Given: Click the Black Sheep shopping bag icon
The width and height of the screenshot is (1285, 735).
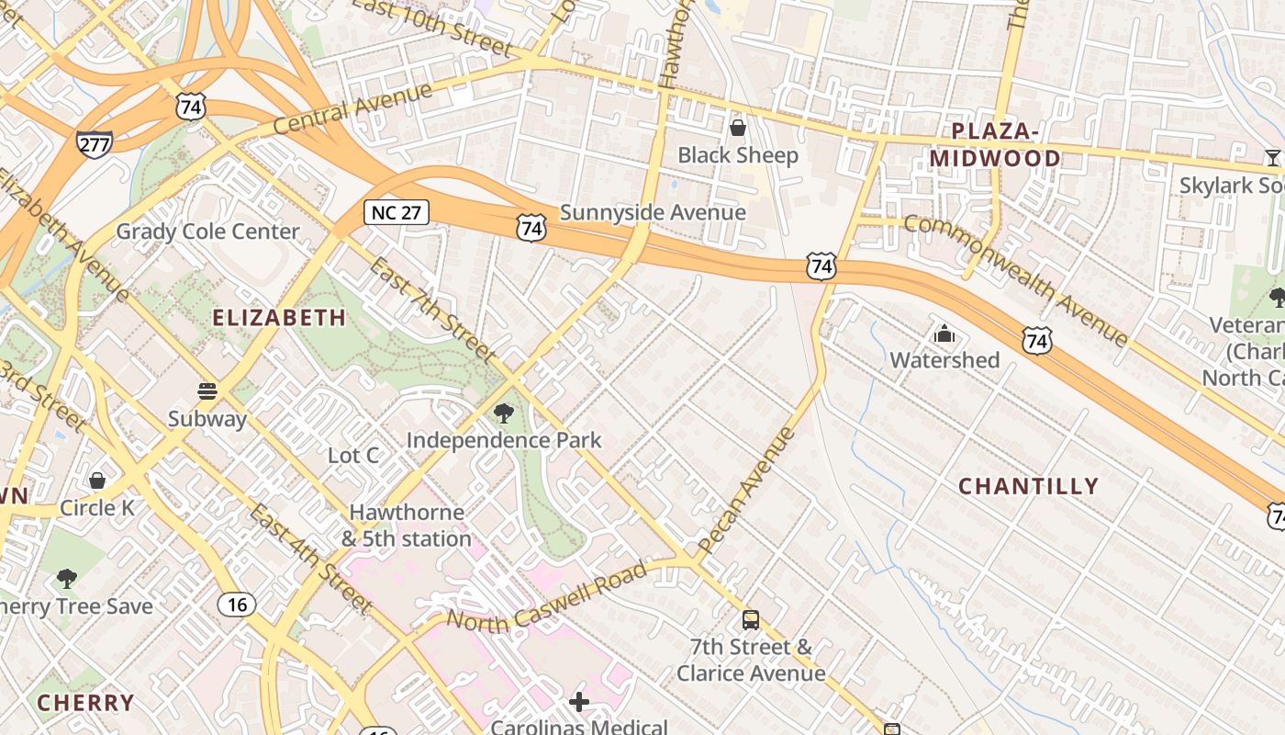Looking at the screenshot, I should click(737, 128).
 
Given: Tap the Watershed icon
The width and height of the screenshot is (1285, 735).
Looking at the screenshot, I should click(944, 334).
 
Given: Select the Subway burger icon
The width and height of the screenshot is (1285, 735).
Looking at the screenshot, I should click(207, 392).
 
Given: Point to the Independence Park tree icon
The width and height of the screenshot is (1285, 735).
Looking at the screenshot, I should click(503, 413).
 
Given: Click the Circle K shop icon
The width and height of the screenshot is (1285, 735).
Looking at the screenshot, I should click(97, 481).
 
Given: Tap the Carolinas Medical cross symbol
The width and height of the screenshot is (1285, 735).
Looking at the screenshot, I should click(579, 703).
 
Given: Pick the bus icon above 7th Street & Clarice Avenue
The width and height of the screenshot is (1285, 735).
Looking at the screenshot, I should click(751, 620).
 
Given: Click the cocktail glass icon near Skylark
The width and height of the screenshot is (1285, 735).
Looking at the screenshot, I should click(1272, 158).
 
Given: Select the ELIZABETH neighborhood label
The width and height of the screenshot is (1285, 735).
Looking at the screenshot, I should click(279, 318).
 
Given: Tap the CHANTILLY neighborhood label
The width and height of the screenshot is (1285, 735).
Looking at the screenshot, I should click(1029, 486).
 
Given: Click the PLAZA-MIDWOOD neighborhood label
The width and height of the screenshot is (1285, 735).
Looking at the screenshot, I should click(995, 145).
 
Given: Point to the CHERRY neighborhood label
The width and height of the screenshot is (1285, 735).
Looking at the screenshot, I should click(85, 703).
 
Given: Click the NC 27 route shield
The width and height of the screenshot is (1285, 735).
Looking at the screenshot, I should click(397, 212).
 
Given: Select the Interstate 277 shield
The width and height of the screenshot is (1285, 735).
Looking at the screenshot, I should click(95, 143).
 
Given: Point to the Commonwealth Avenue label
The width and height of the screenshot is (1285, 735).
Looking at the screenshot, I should click(1016, 279).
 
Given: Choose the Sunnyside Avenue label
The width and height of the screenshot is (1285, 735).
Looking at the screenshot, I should click(653, 212).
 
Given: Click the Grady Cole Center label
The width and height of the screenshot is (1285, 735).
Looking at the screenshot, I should click(207, 232).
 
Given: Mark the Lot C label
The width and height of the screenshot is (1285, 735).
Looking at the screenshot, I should click(353, 455).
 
